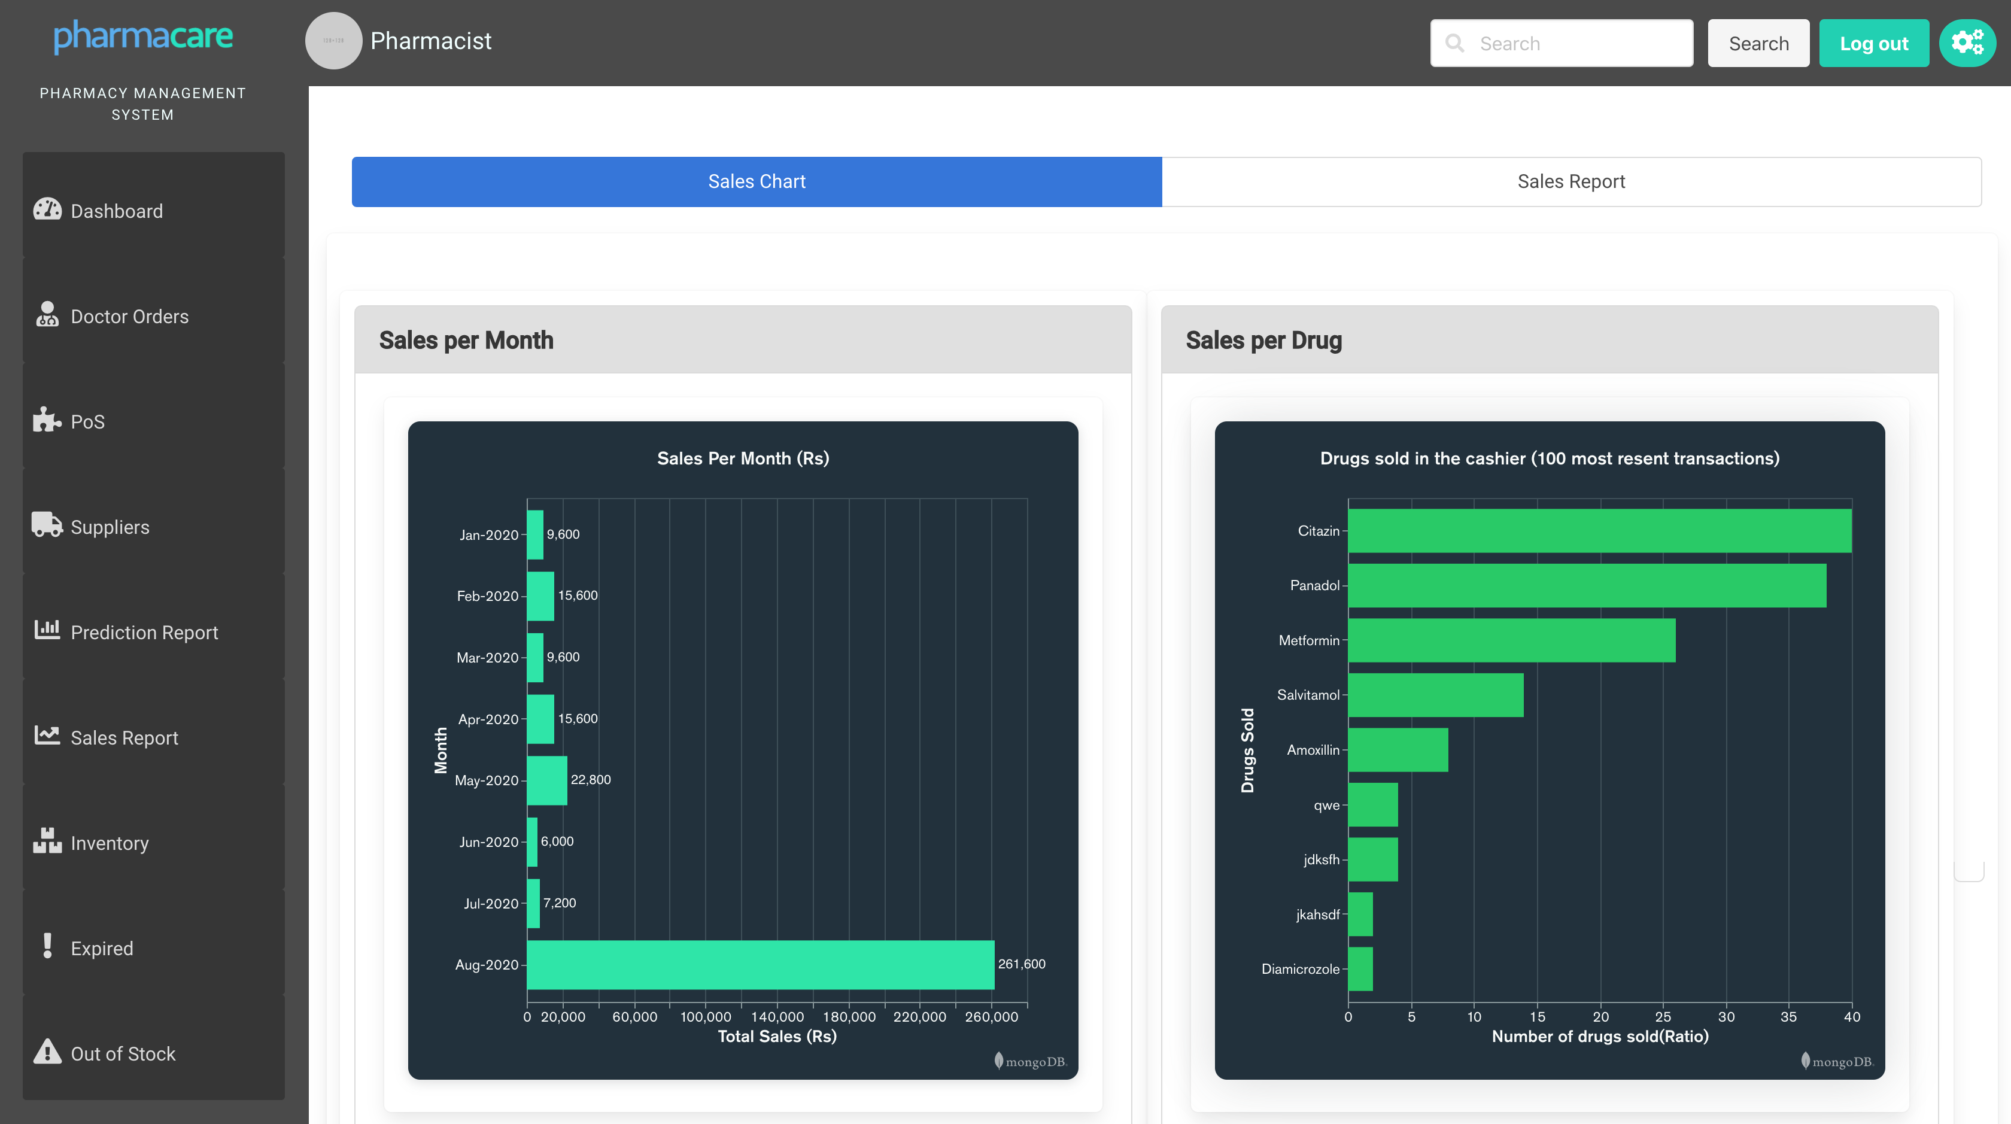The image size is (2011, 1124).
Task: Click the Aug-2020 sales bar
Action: pos(760,965)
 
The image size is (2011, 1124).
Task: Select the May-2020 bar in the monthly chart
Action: pos(546,780)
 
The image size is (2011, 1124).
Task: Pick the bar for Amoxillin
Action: pos(1398,750)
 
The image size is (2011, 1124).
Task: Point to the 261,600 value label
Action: pos(1021,964)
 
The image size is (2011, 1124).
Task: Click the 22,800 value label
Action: pos(590,780)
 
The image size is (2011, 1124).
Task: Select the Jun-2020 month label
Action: pos(489,842)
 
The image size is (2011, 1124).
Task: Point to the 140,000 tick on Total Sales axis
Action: pos(777,1017)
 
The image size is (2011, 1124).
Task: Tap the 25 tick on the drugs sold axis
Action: pos(1663,1017)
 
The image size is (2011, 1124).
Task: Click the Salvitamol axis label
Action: pos(1308,695)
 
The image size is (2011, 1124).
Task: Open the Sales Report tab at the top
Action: pos(1570,182)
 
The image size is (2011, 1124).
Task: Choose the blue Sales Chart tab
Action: pos(757,182)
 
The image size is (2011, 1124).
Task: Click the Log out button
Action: pos(1873,44)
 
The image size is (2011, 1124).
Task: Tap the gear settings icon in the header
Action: pos(1967,43)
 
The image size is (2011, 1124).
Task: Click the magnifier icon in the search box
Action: pos(1454,43)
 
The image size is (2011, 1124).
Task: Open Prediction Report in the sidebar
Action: pos(144,632)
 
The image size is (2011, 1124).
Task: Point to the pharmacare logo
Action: pos(143,36)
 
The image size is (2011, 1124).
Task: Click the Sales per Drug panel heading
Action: pos(1263,341)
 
